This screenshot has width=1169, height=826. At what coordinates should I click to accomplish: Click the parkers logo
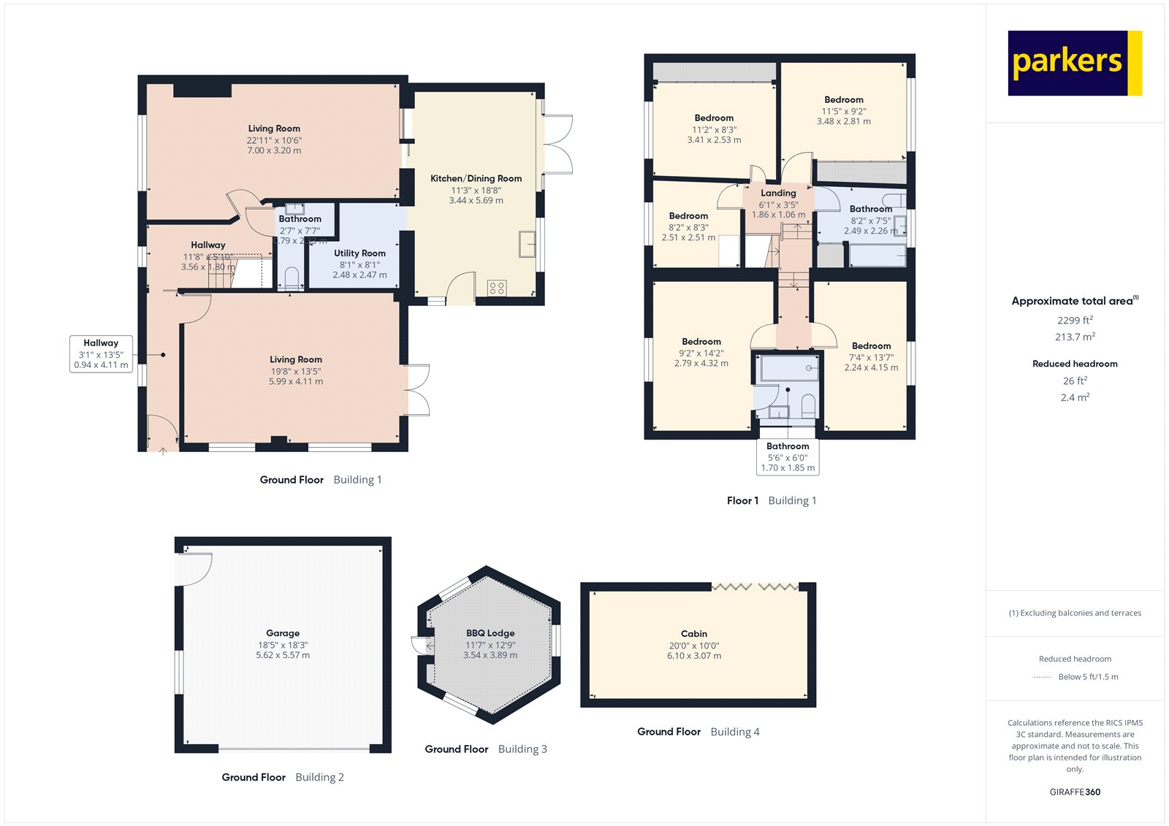click(x=1074, y=63)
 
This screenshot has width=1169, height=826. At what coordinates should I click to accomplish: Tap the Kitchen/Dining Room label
click(x=476, y=178)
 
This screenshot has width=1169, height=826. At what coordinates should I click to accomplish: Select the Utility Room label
click(x=359, y=253)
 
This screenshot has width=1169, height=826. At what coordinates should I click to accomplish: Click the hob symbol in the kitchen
click(x=497, y=288)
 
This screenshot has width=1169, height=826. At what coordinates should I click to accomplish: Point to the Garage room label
click(x=283, y=633)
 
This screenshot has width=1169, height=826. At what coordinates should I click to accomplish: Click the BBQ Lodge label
click(x=490, y=633)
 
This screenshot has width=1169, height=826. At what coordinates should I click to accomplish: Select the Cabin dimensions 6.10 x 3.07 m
click(x=693, y=656)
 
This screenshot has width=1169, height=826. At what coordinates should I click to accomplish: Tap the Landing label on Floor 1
click(x=778, y=193)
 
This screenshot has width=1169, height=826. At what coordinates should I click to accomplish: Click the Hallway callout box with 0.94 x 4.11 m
click(x=101, y=353)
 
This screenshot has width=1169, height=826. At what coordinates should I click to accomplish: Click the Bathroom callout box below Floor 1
click(x=788, y=456)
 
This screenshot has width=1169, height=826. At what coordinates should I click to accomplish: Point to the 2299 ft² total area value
click(x=1075, y=320)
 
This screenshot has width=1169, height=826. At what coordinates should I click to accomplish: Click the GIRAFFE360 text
click(x=1075, y=792)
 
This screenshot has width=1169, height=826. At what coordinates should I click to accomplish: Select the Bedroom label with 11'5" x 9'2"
click(x=843, y=99)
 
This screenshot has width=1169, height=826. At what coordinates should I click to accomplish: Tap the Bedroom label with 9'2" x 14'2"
click(x=701, y=341)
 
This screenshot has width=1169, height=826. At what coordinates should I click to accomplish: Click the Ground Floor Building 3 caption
click(x=486, y=749)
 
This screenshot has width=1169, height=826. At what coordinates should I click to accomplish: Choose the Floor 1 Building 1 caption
click(x=772, y=500)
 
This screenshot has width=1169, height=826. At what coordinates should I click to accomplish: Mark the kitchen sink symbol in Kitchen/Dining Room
click(x=527, y=244)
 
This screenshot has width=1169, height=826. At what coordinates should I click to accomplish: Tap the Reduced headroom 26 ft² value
click(x=1075, y=381)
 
